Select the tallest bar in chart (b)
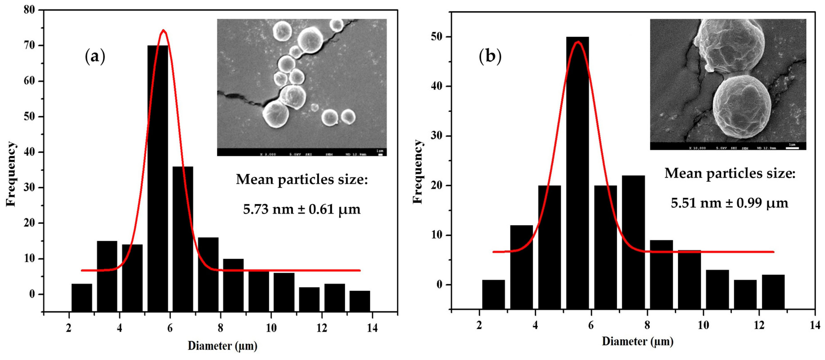click(x=578, y=173)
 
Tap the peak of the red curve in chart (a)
click(x=164, y=31)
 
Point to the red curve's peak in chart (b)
click(x=578, y=42)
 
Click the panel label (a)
click(x=95, y=57)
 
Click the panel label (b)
click(x=490, y=56)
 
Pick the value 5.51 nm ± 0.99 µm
click(x=729, y=203)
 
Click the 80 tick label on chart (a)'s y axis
click(x=29, y=10)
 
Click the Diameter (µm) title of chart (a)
click(x=222, y=346)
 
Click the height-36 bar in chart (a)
click(x=183, y=239)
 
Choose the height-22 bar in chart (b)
click(x=633, y=242)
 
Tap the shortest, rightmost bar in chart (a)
click(x=360, y=301)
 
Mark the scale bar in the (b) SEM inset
click(x=792, y=148)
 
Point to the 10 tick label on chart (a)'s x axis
click(x=271, y=328)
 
